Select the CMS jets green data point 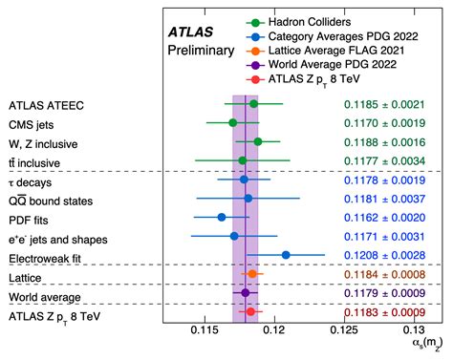[x=233, y=122]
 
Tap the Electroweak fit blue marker [x=287, y=255]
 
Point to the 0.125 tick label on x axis [x=342, y=330]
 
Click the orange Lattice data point [x=251, y=274]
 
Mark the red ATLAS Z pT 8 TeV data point [x=250, y=311]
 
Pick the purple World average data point [x=246, y=293]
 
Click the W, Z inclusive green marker [x=257, y=141]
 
